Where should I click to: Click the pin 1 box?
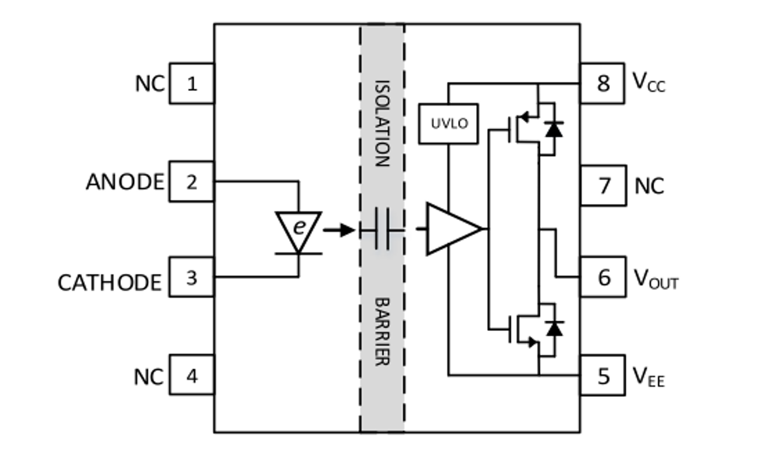pyautogui.click(x=192, y=83)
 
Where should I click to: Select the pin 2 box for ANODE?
pyautogui.click(x=192, y=181)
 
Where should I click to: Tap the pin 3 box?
pyautogui.click(x=192, y=277)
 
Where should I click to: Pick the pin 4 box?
pyautogui.click(x=192, y=375)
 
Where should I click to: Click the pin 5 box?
pyautogui.click(x=602, y=376)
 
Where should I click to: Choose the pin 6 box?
pyautogui.click(x=602, y=277)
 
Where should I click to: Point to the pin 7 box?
pyautogui.click(x=602, y=186)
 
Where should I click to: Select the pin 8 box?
pyautogui.click(x=602, y=83)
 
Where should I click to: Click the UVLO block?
pyautogui.click(x=449, y=124)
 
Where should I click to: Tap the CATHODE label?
pyautogui.click(x=109, y=282)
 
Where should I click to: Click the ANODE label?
pyautogui.click(x=124, y=182)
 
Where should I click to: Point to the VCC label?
pyautogui.click(x=649, y=83)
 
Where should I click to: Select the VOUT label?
pyautogui.click(x=656, y=279)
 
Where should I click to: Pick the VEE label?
pyautogui.click(x=648, y=377)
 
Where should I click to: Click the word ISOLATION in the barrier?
pyautogui.click(x=382, y=123)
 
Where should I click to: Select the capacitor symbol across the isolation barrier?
pyautogui.click(x=382, y=229)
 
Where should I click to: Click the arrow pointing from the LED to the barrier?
pyautogui.click(x=339, y=229)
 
